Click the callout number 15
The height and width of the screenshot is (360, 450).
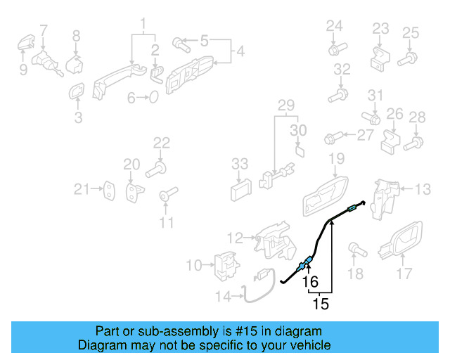coord(320,304)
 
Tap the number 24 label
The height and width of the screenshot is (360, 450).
coord(334,27)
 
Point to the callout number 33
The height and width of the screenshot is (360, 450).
coord(240,164)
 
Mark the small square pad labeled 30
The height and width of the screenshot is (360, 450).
coord(299,149)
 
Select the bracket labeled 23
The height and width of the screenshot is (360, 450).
coord(379,53)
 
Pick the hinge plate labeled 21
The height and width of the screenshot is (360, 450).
coord(110,188)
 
